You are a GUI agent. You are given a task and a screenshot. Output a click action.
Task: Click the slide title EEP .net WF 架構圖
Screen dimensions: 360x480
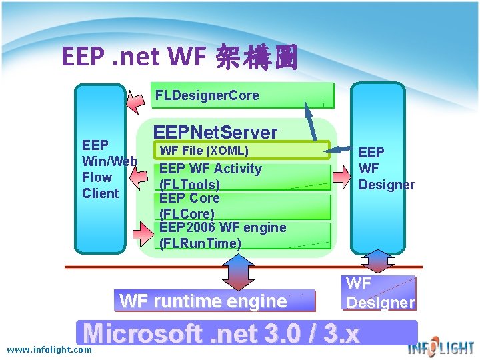(x=179, y=57)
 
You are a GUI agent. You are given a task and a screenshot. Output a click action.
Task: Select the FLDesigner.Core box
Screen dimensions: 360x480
(x=242, y=96)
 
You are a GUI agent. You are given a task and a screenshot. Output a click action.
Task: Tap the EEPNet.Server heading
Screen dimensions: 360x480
(x=215, y=132)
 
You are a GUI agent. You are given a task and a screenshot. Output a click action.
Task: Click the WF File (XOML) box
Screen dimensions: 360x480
(x=241, y=151)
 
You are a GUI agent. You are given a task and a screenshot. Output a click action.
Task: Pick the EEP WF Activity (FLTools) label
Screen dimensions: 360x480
(x=210, y=177)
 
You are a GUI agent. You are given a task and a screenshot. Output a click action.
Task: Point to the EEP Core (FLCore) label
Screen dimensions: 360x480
(x=189, y=206)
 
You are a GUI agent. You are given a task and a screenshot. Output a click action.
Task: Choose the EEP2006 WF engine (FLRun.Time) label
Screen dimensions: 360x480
(x=222, y=235)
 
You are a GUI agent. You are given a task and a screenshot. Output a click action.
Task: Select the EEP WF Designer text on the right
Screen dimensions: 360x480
(x=386, y=169)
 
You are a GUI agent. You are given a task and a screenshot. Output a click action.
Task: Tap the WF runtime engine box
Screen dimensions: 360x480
(x=214, y=301)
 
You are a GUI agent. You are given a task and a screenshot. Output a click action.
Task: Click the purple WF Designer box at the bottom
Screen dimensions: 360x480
(x=379, y=293)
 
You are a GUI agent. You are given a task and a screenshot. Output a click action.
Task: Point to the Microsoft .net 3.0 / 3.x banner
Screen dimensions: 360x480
(x=247, y=333)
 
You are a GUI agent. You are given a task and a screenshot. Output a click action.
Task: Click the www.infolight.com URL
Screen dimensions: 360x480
(x=49, y=349)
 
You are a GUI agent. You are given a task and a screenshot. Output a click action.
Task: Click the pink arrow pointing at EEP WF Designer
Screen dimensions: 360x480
(x=341, y=175)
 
